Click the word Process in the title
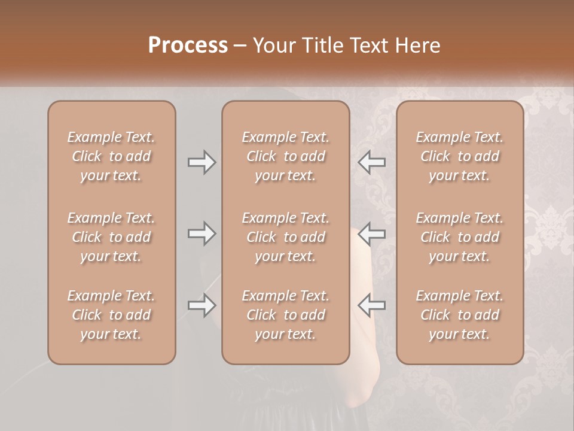tap(188, 45)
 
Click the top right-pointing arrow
tap(201, 162)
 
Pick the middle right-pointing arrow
tap(201, 233)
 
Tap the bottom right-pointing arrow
tap(201, 305)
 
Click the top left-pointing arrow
tap(371, 162)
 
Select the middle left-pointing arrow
tap(371, 233)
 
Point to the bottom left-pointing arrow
tap(371, 305)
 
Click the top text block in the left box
tap(111, 156)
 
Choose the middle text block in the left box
tap(111, 237)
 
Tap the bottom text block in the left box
tap(111, 315)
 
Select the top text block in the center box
tap(285, 156)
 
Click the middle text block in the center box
tap(285, 237)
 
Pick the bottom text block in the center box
tap(285, 315)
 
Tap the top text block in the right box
tap(460, 156)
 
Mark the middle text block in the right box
tap(460, 237)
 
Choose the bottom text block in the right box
tap(460, 315)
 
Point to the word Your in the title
tap(274, 45)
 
